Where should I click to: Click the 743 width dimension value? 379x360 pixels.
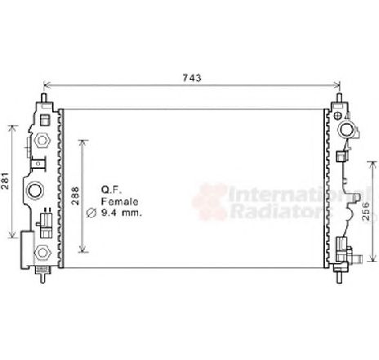192,78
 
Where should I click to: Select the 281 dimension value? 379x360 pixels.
6,180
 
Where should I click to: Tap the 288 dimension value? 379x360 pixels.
75,196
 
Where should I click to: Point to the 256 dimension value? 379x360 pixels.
366,211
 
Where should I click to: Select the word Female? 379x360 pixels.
120,202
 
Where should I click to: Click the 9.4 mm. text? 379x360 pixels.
122,212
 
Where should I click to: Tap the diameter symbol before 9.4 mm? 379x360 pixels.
91,213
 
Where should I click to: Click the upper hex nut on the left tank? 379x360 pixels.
42,140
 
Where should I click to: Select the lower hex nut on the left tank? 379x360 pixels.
42,252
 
